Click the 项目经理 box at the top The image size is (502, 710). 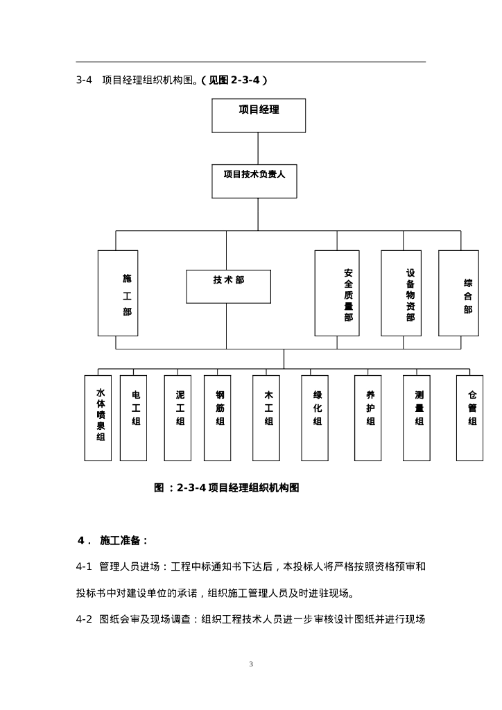point(259,115)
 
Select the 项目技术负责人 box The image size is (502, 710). point(259,180)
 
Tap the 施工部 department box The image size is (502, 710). point(118,293)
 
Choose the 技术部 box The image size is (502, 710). point(228,286)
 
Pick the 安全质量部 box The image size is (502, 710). point(337,293)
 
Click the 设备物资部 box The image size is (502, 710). point(401,293)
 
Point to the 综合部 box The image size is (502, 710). point(458,293)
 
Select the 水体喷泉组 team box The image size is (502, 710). point(98,417)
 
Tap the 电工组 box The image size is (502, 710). point(133,417)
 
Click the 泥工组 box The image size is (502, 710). point(178,417)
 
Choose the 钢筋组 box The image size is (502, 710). point(218,417)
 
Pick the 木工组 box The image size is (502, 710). point(266,417)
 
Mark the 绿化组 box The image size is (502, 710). point(315,417)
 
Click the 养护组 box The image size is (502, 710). point(367,417)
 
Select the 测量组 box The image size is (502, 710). point(417,417)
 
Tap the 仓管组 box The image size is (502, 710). point(469,417)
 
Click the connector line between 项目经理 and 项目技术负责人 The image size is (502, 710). point(259,148)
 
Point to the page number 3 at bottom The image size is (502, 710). point(251,664)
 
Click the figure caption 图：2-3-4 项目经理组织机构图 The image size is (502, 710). point(226,487)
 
